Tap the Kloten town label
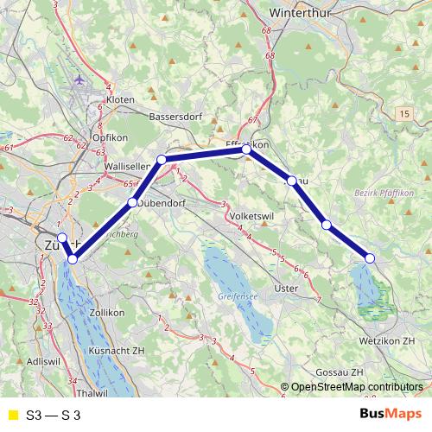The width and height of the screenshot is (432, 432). [120, 100]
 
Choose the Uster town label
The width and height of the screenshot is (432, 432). [284, 288]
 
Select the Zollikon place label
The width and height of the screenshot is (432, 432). [108, 312]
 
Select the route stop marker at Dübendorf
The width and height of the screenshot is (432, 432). [132, 203]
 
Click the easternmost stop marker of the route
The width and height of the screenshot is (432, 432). [370, 258]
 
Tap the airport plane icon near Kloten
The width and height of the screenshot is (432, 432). [81, 79]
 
